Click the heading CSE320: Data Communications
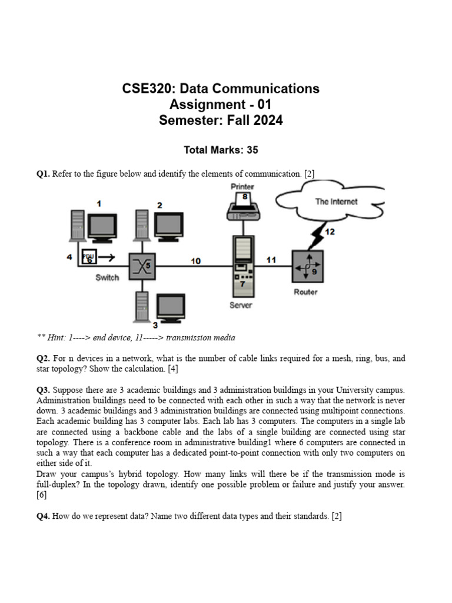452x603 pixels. pos(221,89)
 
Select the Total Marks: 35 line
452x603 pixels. pos(221,150)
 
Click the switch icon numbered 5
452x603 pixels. pos(141,266)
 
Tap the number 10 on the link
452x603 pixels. pos(195,260)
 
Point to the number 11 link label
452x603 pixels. pos(271,260)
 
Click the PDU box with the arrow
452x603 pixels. pos(89,257)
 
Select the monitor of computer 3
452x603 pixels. pos(171,307)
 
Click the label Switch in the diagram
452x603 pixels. pos(107,277)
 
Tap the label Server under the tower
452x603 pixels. pos(241,305)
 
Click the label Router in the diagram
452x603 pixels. pos(305,292)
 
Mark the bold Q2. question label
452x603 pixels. pos(43,359)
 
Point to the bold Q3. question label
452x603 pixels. pos(43,390)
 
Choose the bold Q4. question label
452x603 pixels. pos(43,516)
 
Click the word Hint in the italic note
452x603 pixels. pos(57,338)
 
